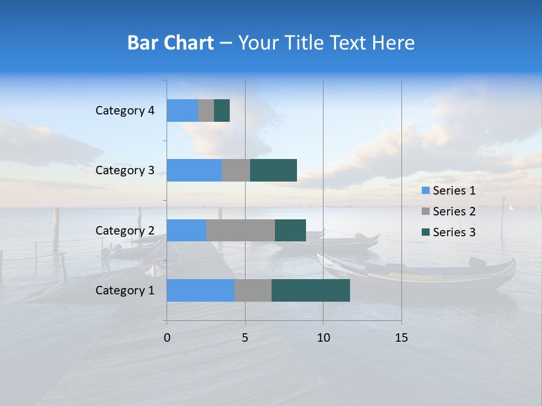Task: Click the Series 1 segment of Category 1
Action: click(200, 290)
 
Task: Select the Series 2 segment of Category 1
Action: click(253, 290)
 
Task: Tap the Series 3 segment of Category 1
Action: click(311, 290)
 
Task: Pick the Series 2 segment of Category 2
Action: click(241, 230)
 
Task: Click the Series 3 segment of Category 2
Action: click(290, 230)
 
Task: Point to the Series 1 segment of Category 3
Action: click(194, 170)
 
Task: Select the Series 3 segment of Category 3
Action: click(273, 170)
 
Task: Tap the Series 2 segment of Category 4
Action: click(206, 111)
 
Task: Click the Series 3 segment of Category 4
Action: click(222, 111)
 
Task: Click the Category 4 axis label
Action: click(125, 111)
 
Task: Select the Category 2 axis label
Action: click(125, 230)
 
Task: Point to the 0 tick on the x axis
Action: click(167, 338)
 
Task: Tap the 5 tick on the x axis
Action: click(245, 338)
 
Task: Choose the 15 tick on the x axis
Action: click(401, 338)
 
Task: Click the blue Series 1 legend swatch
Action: click(425, 191)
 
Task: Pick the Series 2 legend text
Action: click(454, 211)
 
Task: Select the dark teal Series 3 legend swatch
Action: click(425, 232)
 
